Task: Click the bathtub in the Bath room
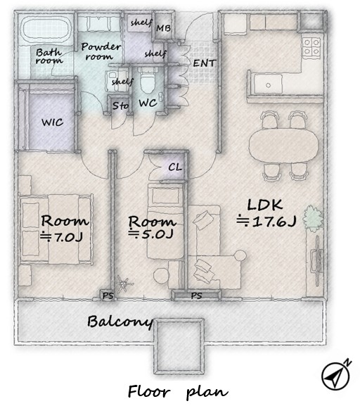(46, 29)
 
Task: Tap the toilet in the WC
(147, 80)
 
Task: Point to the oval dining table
(284, 145)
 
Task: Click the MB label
(163, 28)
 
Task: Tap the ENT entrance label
(204, 63)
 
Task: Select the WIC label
(53, 122)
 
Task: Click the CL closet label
(175, 167)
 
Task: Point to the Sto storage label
(120, 106)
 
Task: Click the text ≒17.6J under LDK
(266, 222)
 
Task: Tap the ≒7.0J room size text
(62, 236)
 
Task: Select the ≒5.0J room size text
(150, 234)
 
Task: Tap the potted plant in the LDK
(313, 217)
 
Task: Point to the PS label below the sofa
(196, 296)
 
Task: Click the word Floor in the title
(149, 391)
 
